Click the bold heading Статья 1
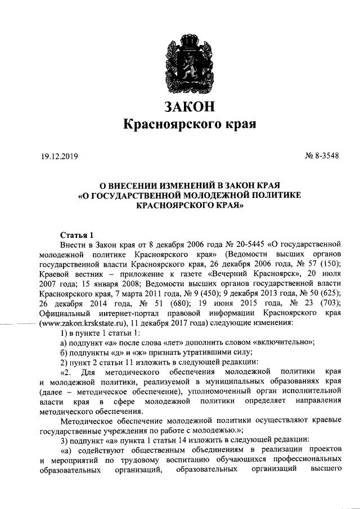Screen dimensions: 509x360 click(x=75, y=235)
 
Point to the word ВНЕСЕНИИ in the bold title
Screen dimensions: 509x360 click(x=136, y=184)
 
